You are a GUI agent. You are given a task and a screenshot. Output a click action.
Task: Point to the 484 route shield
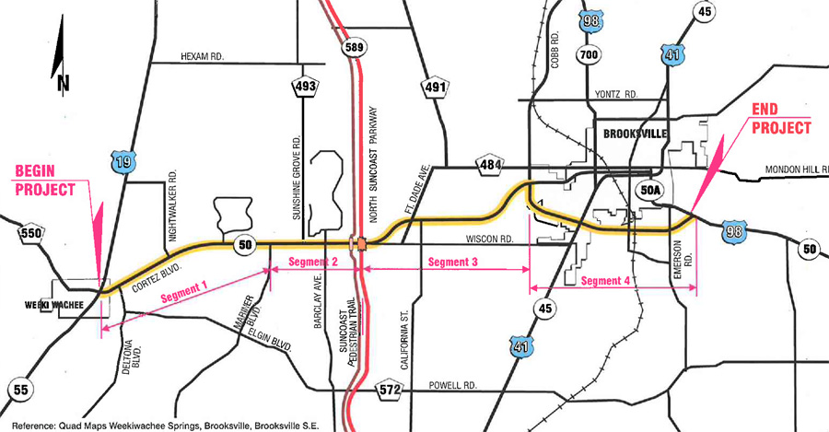488,165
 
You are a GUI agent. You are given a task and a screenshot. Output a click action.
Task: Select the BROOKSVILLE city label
636,134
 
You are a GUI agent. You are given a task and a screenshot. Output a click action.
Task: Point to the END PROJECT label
781,119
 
